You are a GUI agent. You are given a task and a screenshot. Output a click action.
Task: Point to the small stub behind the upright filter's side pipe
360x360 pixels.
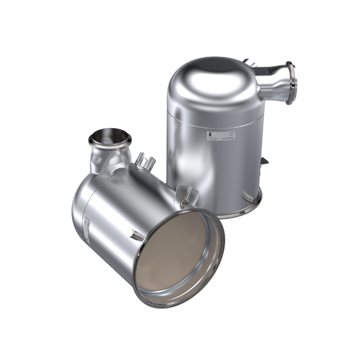point(250,63)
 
